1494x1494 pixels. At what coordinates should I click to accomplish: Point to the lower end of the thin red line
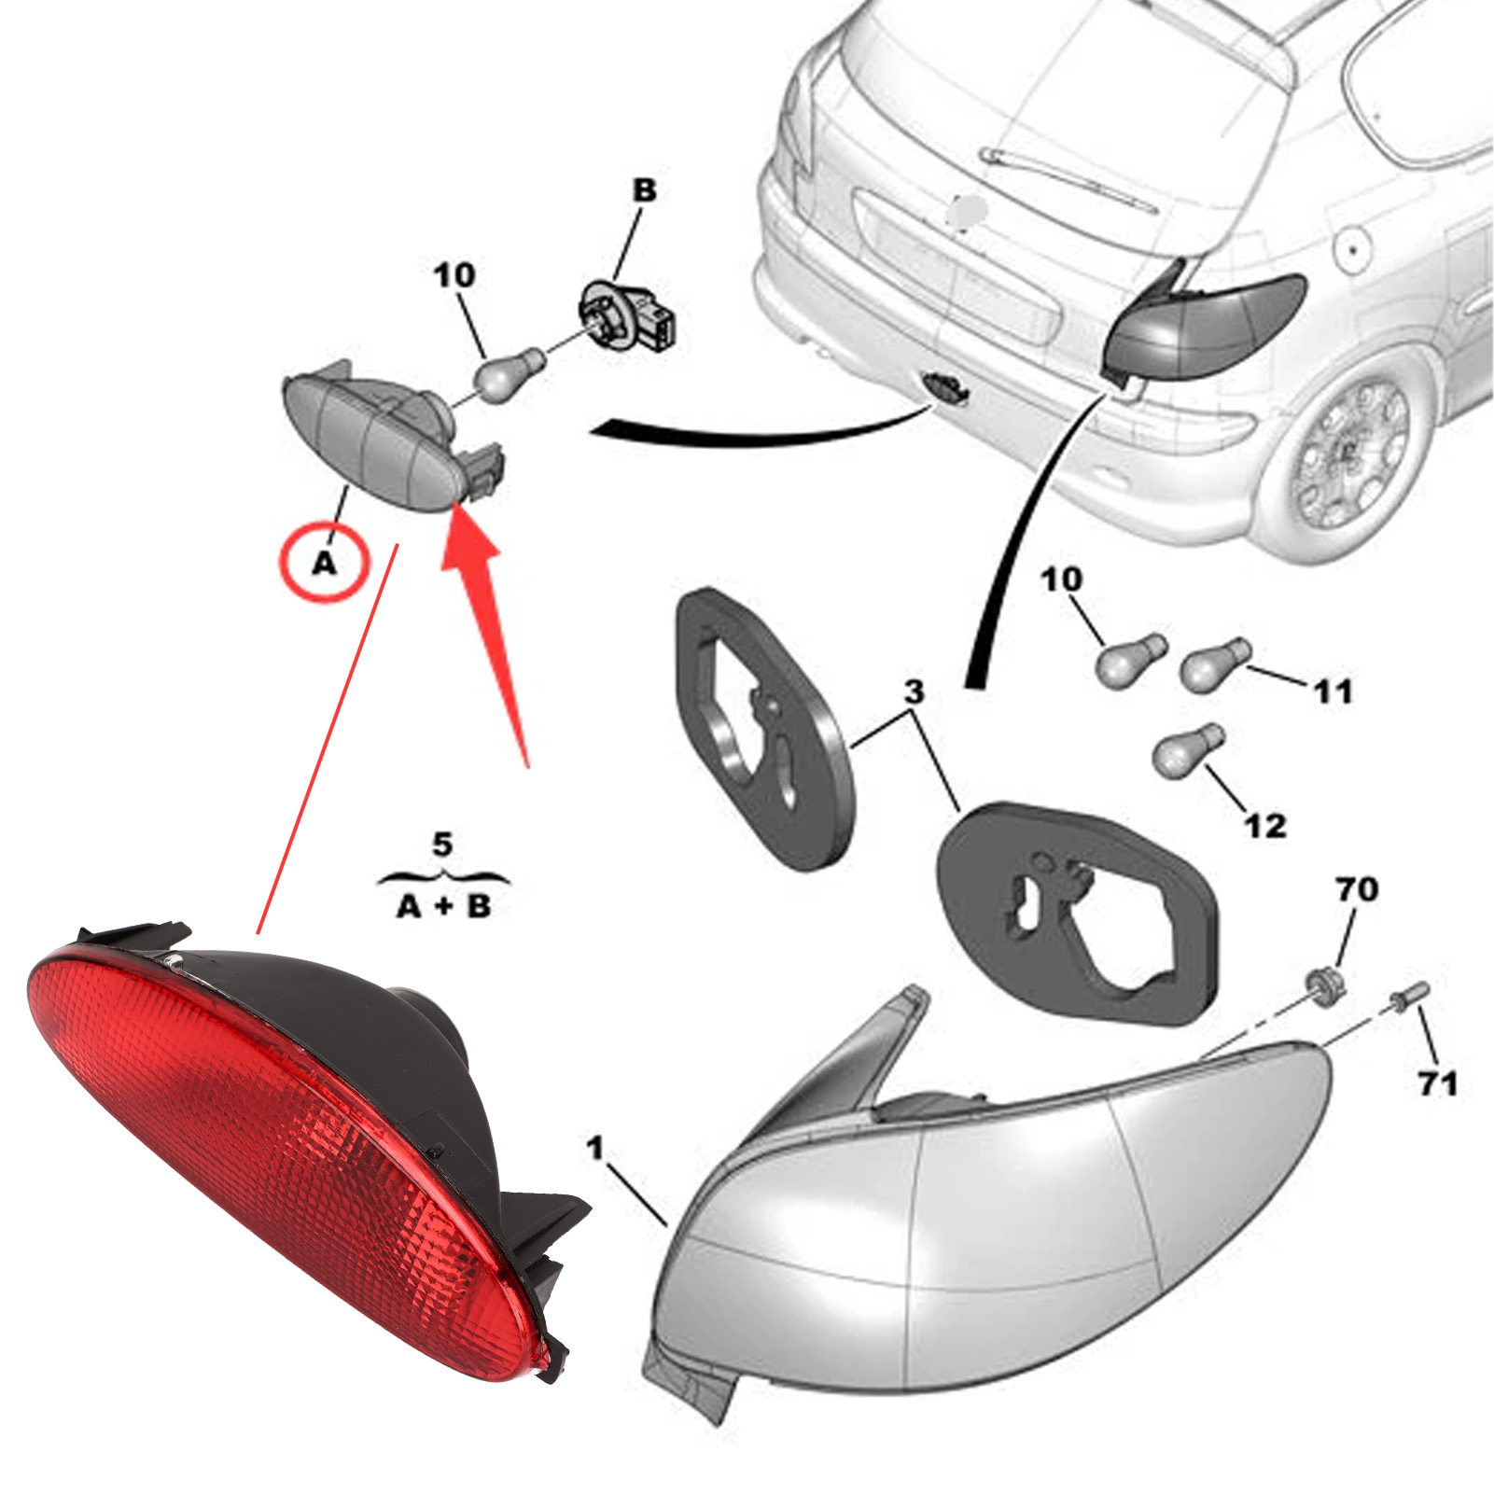(258, 932)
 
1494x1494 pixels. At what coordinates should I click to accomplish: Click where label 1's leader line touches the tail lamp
(666, 1223)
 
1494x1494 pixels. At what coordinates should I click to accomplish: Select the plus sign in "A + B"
(443, 906)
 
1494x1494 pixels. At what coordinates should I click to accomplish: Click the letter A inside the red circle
(325, 564)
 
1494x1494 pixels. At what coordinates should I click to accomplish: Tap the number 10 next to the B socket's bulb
(454, 275)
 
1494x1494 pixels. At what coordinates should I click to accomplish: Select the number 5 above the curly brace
(442, 845)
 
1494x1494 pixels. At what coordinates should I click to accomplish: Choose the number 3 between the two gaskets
(915, 691)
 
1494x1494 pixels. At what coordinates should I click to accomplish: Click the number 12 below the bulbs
(1265, 826)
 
